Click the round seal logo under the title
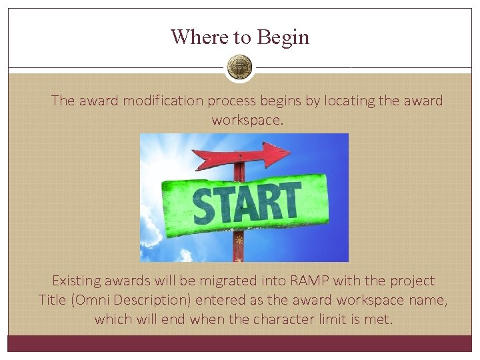[239, 67]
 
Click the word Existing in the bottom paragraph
[77, 281]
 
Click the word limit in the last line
[325, 319]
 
